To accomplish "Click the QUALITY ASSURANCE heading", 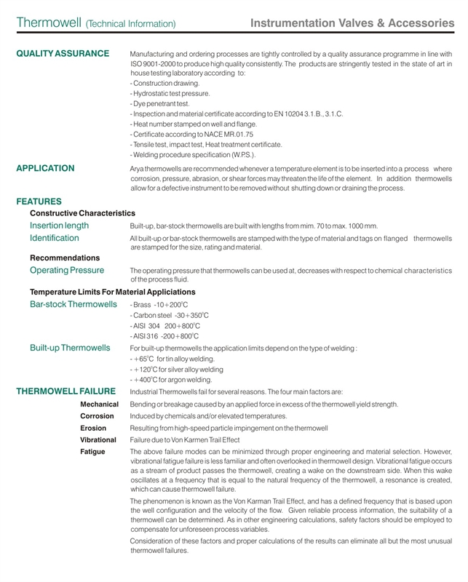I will (x=63, y=54).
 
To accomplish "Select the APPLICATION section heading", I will (x=45, y=168).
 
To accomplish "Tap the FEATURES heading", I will (x=39, y=201).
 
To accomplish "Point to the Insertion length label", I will (x=60, y=226).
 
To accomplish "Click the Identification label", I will (x=55, y=238).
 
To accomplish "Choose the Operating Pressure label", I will (x=67, y=270).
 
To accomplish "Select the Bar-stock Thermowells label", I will (x=74, y=303).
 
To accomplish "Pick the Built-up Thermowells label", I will (x=70, y=348).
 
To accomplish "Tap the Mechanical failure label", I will (x=99, y=404).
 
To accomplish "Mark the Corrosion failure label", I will (x=97, y=416).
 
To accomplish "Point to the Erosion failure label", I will (x=93, y=428).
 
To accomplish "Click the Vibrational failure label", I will (x=98, y=440).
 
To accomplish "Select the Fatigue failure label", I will (x=92, y=452).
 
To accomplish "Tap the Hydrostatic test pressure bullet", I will (x=170, y=94).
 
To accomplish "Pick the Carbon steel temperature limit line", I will (x=170, y=315).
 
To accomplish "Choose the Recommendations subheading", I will (x=65, y=258).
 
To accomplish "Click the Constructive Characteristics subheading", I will (x=82, y=213).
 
